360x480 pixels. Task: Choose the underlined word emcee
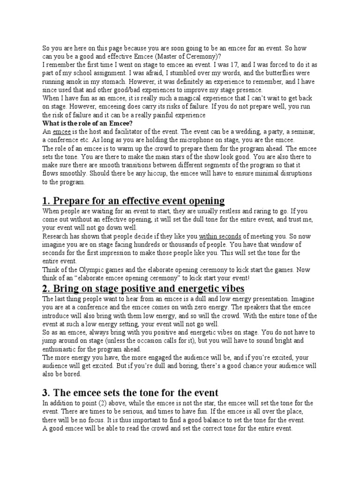click(62, 132)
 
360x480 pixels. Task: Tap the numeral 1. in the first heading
click(46, 201)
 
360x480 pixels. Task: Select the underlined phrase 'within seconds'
click(220, 236)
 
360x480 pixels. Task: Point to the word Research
click(56, 236)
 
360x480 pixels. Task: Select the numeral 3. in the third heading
click(46, 393)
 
